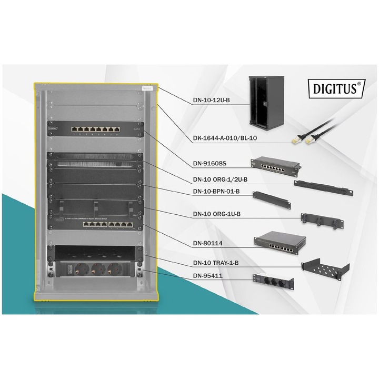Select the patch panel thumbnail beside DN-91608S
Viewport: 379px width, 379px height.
click(x=276, y=166)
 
